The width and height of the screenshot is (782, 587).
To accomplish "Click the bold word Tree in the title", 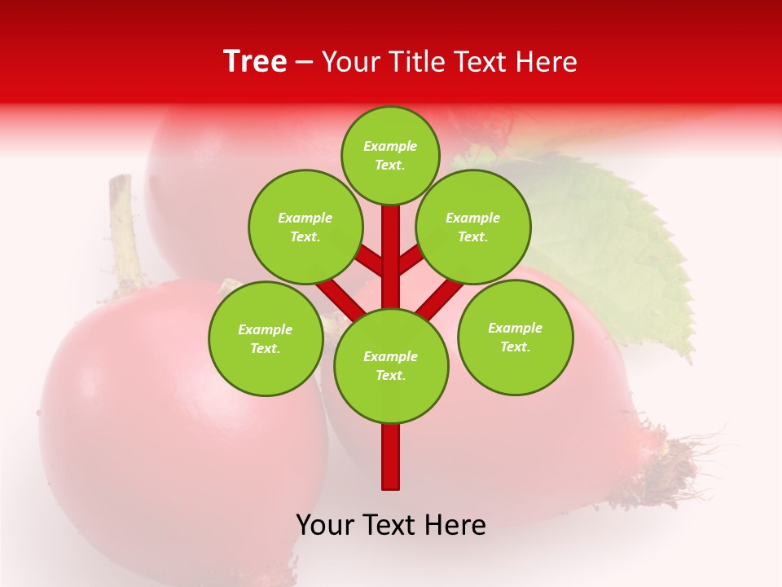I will (255, 62).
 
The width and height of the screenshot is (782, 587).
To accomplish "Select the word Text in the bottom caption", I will (390, 525).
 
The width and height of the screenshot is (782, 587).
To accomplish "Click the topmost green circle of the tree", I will (390, 155).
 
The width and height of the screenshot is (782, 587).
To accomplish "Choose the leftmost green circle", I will (266, 338).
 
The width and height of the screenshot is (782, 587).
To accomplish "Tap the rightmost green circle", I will (515, 337).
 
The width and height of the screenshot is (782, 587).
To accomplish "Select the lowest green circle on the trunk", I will (391, 365).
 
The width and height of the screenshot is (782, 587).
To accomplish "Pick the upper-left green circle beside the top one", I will (305, 227).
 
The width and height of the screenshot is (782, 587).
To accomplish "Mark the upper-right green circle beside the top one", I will (473, 227).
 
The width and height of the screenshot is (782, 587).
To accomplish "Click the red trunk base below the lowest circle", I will (391, 457).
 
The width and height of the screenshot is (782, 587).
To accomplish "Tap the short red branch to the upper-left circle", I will (371, 262).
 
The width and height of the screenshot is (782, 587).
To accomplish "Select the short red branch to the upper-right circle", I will (411, 260).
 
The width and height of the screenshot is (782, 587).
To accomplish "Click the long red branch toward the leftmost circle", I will (340, 298).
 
